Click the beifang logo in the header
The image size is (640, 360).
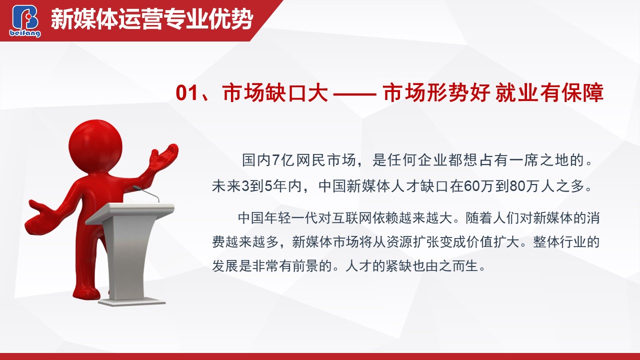[x=25, y=21]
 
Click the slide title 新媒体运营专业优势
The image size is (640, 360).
[x=152, y=19]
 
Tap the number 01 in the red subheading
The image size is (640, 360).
[x=186, y=93]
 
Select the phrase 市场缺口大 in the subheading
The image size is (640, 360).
[x=275, y=92]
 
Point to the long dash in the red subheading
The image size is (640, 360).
[x=354, y=93]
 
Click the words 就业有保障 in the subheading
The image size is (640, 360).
[x=549, y=92]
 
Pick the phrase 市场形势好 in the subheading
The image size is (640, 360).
[x=436, y=92]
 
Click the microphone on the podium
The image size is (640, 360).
[x=146, y=193]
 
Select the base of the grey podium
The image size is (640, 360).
[x=132, y=302]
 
